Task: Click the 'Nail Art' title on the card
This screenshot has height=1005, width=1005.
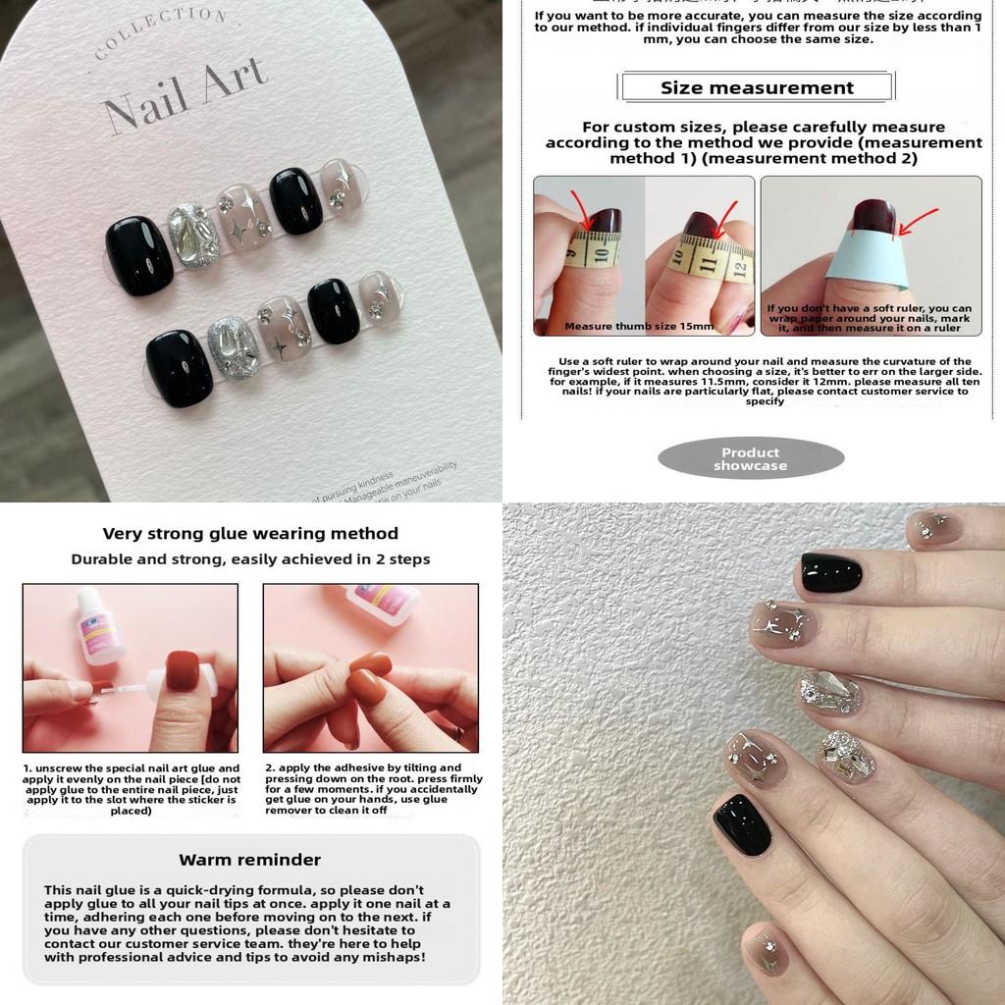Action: click(183, 96)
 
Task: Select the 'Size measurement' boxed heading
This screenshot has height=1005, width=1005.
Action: click(757, 87)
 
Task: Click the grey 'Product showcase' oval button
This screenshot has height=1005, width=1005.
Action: click(751, 458)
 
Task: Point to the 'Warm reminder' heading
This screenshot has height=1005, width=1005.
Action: click(250, 860)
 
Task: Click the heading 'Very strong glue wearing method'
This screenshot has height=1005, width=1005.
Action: click(250, 534)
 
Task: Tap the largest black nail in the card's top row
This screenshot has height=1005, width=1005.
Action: click(139, 255)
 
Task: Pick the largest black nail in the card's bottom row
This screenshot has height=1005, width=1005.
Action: click(180, 366)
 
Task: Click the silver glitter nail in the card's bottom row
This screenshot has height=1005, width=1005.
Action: click(233, 348)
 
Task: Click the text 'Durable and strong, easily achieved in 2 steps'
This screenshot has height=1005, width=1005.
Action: click(250, 559)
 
